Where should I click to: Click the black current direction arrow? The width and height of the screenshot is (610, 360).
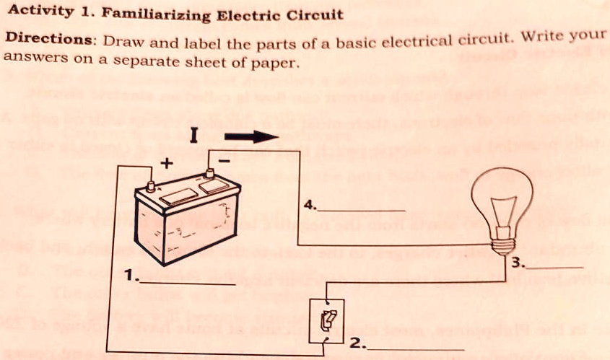click(250, 136)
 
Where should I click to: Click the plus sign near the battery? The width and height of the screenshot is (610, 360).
click(166, 164)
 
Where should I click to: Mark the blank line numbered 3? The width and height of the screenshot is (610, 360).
click(557, 267)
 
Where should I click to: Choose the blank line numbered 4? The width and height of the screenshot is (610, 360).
click(361, 209)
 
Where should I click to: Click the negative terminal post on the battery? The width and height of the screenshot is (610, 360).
click(209, 173)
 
